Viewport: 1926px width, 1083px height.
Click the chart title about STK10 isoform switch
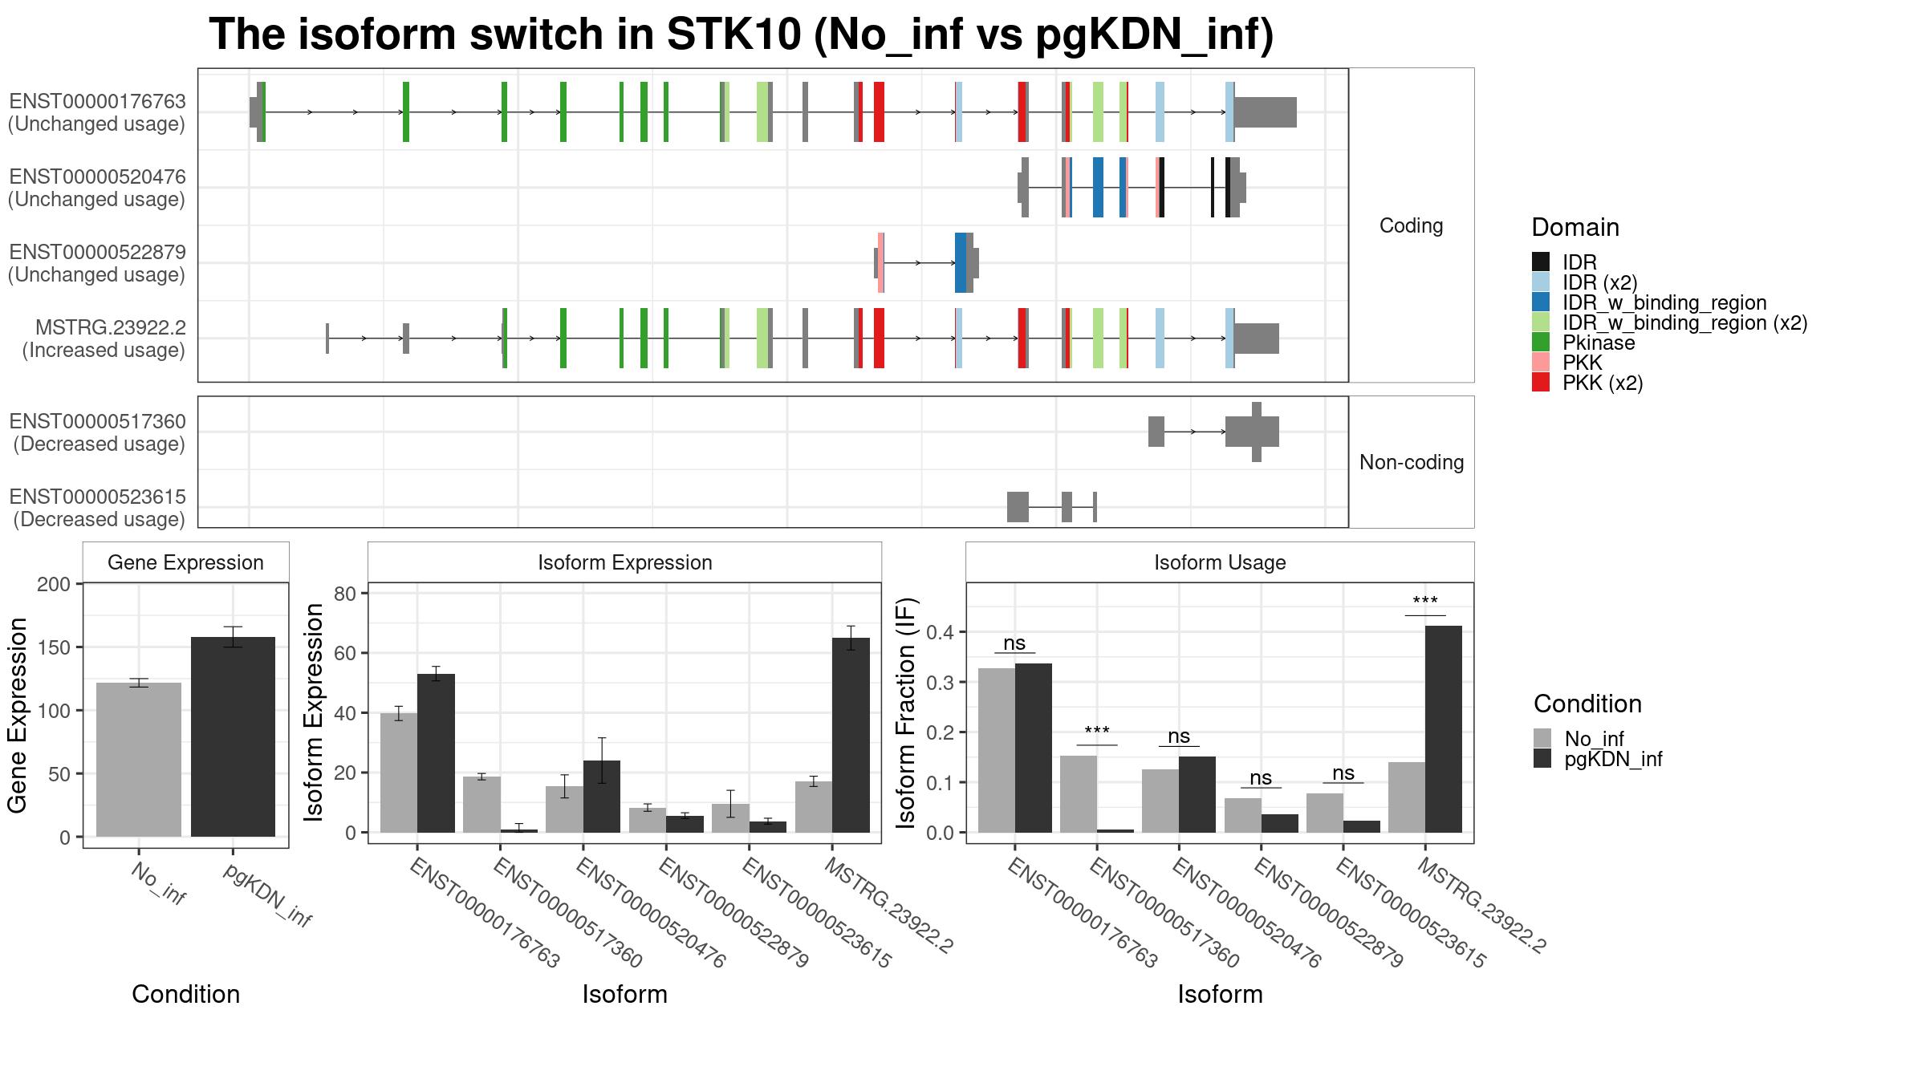pos(741,35)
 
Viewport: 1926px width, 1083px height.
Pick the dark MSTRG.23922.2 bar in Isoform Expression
pos(851,735)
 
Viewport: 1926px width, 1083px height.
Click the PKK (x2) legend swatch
pos(1541,383)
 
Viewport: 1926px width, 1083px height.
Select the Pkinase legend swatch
pos(1541,343)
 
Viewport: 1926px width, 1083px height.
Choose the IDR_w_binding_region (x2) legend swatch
pos(1541,322)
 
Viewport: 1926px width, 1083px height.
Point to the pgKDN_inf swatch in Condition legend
pos(1542,759)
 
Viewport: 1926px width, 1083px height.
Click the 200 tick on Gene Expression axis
pos(54,584)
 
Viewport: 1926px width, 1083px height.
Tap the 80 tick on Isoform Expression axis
pos(345,594)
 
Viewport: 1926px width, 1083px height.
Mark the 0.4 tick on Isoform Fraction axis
pos(941,632)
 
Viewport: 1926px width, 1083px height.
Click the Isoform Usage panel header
pos(1219,562)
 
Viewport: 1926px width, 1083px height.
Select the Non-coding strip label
pos(1411,463)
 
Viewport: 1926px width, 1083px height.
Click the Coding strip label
pos(1411,226)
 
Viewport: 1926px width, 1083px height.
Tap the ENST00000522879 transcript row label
pos(97,263)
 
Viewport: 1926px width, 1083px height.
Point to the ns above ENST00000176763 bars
pos(1014,643)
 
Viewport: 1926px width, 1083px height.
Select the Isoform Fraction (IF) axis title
pos(906,712)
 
